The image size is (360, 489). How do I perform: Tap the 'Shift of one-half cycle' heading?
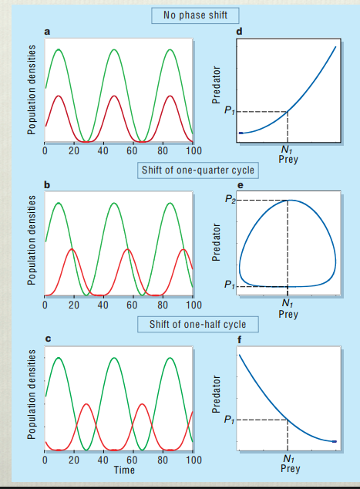(199, 325)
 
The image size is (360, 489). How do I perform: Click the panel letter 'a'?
(48, 32)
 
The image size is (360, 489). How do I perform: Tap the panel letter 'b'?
(48, 185)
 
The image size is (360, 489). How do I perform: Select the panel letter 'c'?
(48, 340)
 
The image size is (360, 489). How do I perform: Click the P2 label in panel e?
(229, 200)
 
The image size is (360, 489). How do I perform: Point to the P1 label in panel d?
(229, 111)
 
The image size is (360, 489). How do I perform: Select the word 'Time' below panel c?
(124, 469)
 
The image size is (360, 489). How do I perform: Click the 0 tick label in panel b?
(45, 305)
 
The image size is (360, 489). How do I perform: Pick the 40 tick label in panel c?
(103, 460)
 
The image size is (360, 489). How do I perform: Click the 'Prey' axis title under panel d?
(288, 160)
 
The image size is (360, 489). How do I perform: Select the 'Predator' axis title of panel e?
(217, 244)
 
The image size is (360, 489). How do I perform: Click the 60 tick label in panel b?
(132, 305)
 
